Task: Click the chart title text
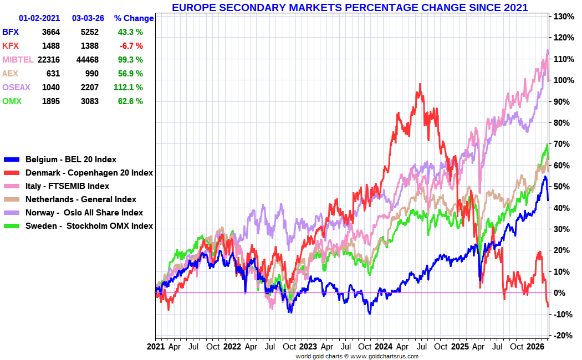click(349, 7)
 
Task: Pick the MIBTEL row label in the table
click(18, 59)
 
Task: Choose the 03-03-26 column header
click(88, 18)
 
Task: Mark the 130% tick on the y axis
click(563, 17)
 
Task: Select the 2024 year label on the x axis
click(384, 347)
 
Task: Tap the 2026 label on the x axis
click(535, 347)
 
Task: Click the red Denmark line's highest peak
click(420, 84)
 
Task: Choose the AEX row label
click(11, 73)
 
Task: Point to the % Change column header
click(134, 18)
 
